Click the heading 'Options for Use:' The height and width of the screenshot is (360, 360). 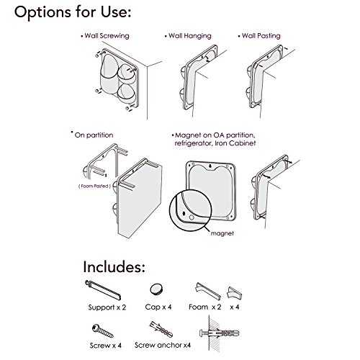tap(73, 12)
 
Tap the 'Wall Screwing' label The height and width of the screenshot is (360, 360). tap(107, 36)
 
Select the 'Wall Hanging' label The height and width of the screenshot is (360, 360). tap(190, 36)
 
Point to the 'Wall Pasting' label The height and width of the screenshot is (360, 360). tap(261, 36)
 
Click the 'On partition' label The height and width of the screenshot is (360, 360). tap(94, 135)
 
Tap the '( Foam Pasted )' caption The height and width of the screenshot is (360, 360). tap(94, 186)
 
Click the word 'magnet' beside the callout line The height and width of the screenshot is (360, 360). tap(222, 233)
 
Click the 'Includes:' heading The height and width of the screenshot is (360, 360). tap(114, 266)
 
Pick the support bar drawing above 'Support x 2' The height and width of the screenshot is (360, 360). tap(103, 290)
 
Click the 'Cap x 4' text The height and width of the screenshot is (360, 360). tap(158, 307)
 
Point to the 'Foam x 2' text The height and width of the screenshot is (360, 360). tap(205, 307)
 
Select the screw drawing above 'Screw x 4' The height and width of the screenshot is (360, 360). tap(103, 331)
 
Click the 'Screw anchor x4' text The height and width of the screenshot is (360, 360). tap(163, 345)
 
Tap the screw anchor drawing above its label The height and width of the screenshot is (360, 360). tap(161, 329)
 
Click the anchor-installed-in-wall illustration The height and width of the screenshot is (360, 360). tap(219, 333)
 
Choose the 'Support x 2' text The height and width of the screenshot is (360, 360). tap(107, 307)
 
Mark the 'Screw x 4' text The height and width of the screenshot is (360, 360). tap(106, 346)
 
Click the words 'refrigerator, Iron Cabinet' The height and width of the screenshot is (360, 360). tap(215, 143)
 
